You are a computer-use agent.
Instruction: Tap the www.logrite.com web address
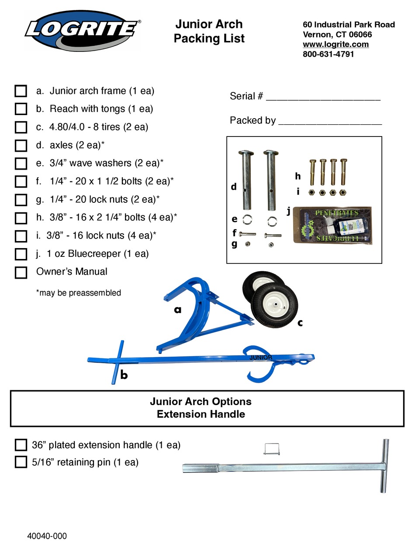click(x=335, y=44)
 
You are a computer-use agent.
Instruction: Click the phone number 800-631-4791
click(x=328, y=54)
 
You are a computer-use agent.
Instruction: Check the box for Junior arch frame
click(x=21, y=91)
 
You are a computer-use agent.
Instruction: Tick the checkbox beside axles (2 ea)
click(x=21, y=145)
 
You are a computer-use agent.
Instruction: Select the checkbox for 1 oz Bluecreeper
click(x=21, y=254)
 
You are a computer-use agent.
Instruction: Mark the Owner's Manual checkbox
click(x=21, y=272)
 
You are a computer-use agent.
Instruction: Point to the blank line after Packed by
click(x=330, y=122)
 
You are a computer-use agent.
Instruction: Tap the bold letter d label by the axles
click(x=234, y=187)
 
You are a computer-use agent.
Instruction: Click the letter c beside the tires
click(x=300, y=323)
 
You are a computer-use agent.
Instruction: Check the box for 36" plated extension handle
click(x=21, y=445)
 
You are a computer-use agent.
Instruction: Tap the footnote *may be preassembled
click(x=79, y=293)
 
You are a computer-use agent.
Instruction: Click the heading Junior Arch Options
click(x=201, y=401)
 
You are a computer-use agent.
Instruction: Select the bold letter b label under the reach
click(x=124, y=375)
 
